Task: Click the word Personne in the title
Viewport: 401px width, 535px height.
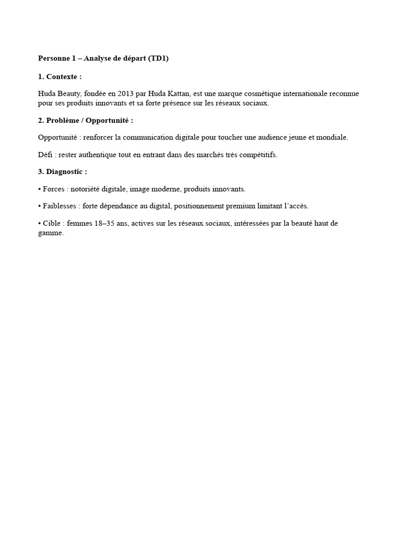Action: coord(54,59)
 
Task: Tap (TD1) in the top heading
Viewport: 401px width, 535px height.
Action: coord(158,59)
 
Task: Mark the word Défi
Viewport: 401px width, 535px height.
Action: coord(45,155)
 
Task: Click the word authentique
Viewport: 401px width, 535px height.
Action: coord(99,155)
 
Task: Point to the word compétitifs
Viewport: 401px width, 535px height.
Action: coord(258,155)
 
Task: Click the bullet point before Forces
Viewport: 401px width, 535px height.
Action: coord(40,189)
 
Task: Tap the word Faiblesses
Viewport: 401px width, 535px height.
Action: coord(60,206)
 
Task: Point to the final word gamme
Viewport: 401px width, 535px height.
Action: coord(50,233)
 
